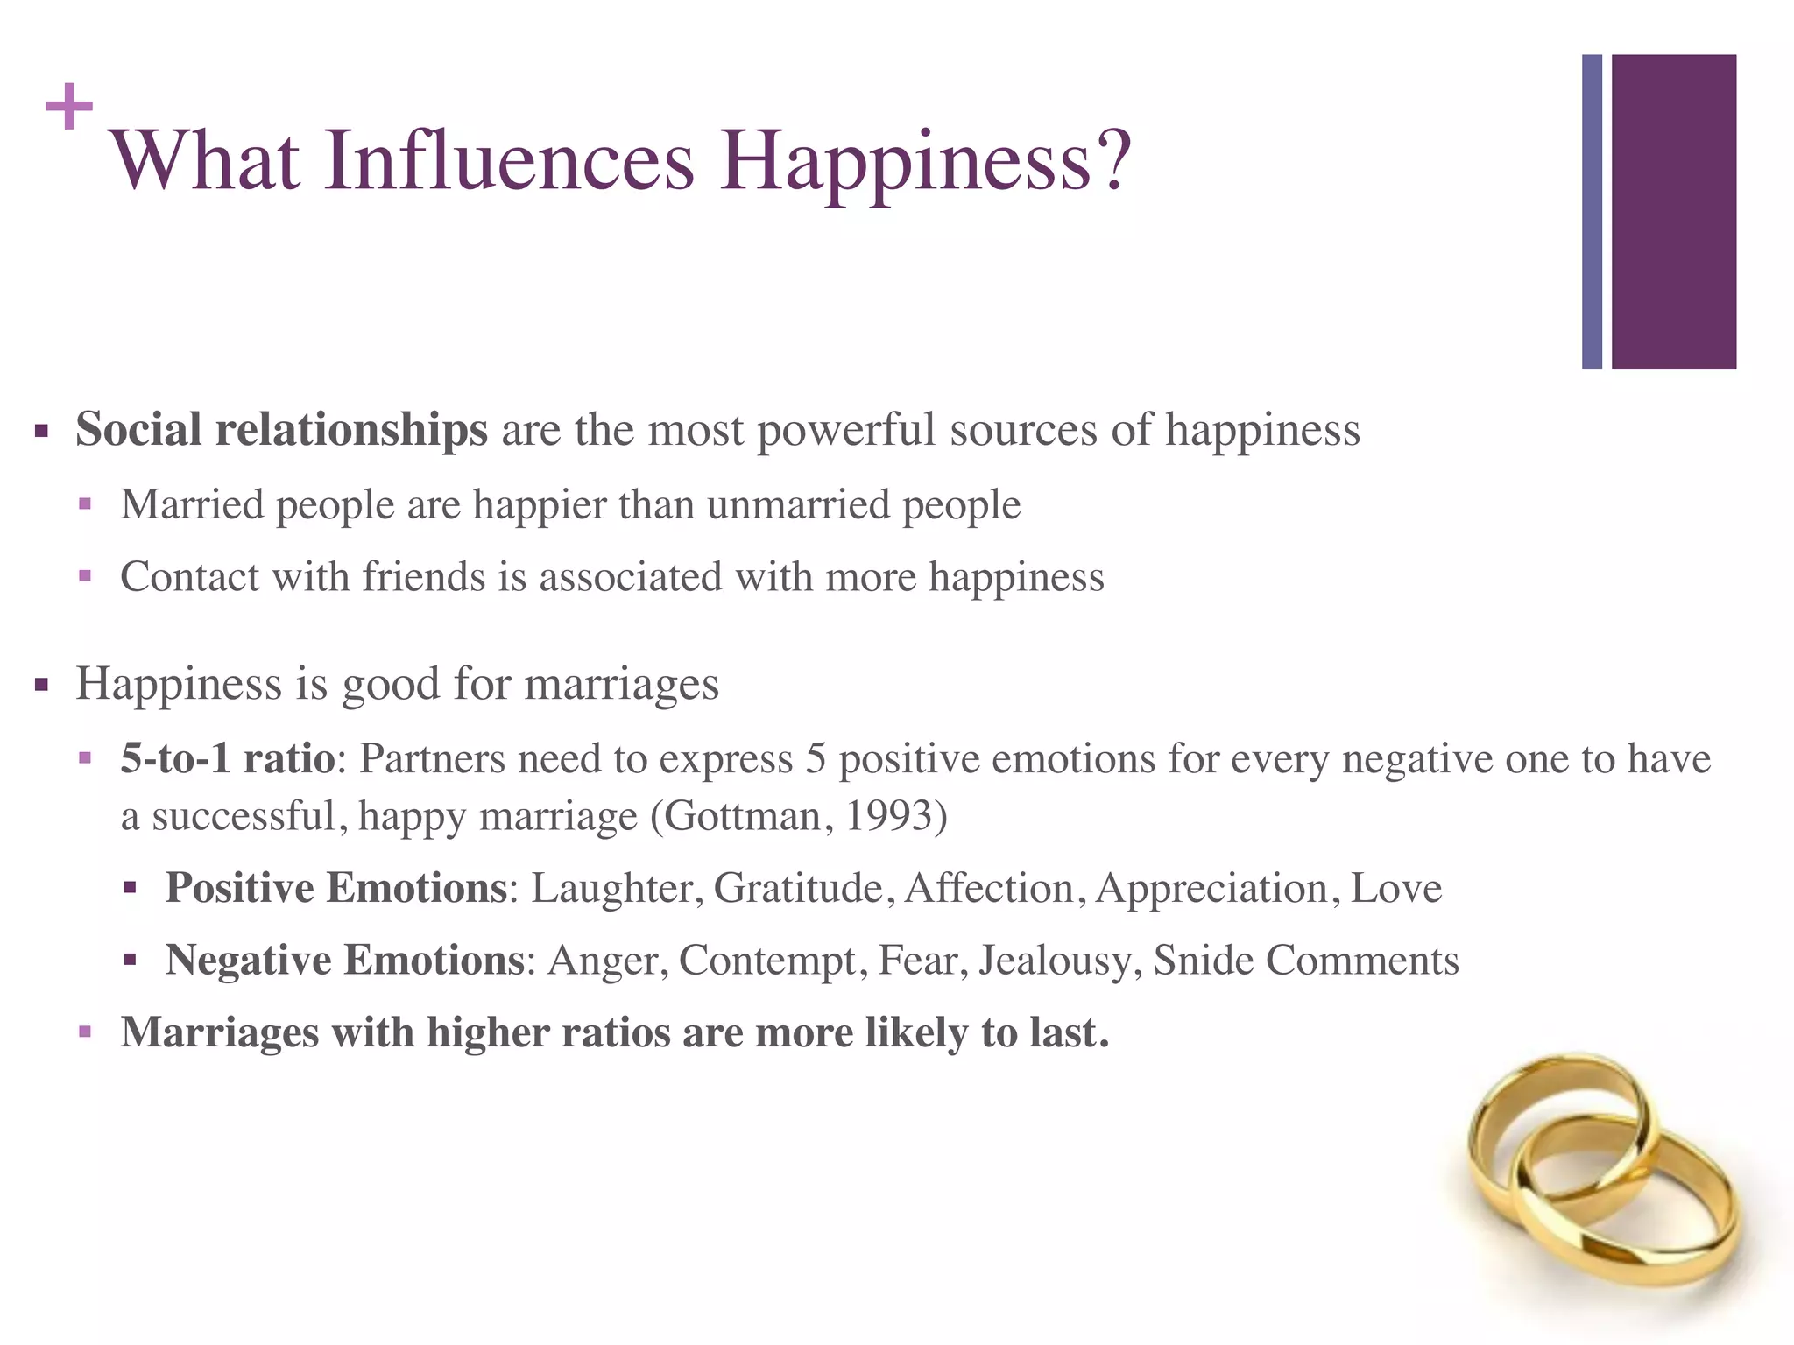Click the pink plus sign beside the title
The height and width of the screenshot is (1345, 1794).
pos(69,108)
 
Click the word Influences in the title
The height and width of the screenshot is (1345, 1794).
pos(509,161)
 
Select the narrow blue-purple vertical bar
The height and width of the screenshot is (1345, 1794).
pos(1592,211)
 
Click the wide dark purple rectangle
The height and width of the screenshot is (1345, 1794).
pos(1673,211)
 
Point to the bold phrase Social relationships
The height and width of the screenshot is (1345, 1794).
pos(281,430)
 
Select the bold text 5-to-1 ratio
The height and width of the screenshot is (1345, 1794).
pos(228,758)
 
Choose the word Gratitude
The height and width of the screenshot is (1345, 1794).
pos(798,888)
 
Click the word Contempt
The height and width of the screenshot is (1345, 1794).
pos(766,961)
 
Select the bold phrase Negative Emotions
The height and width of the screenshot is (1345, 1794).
pos(344,961)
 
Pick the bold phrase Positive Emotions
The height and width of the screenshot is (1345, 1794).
pos(336,888)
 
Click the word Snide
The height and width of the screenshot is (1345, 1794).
pos(1203,961)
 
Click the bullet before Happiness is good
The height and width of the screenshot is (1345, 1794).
pos(41,685)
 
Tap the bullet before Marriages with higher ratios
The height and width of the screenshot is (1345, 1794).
pos(85,1032)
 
